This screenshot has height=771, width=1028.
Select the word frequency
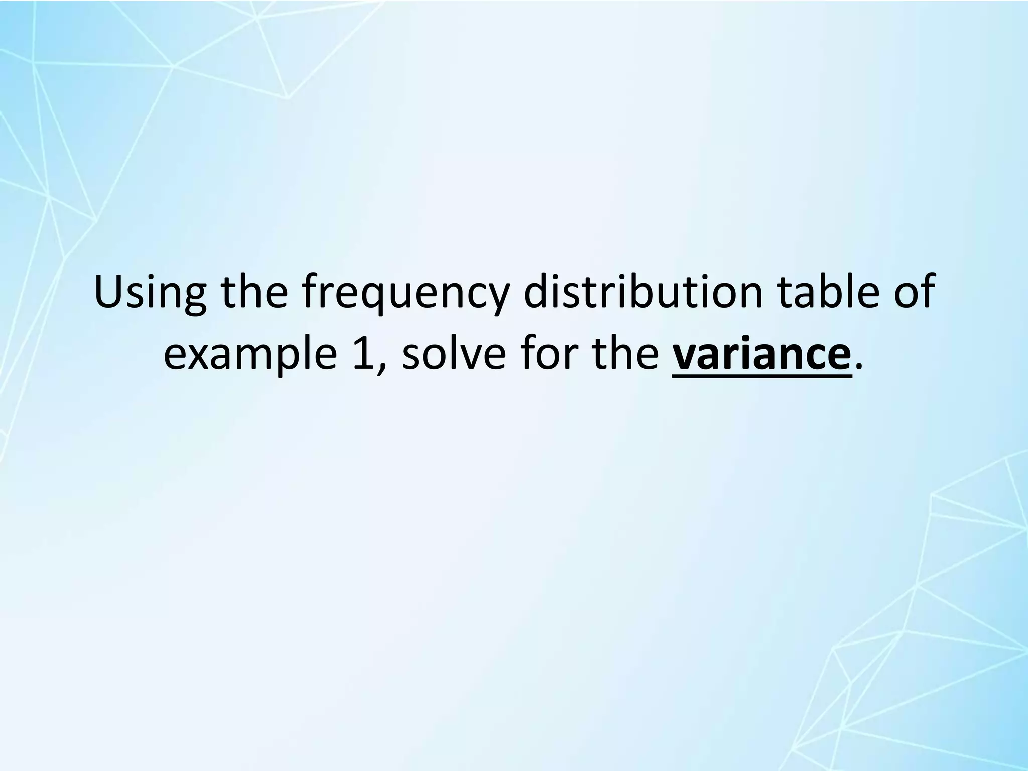pos(404,296)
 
